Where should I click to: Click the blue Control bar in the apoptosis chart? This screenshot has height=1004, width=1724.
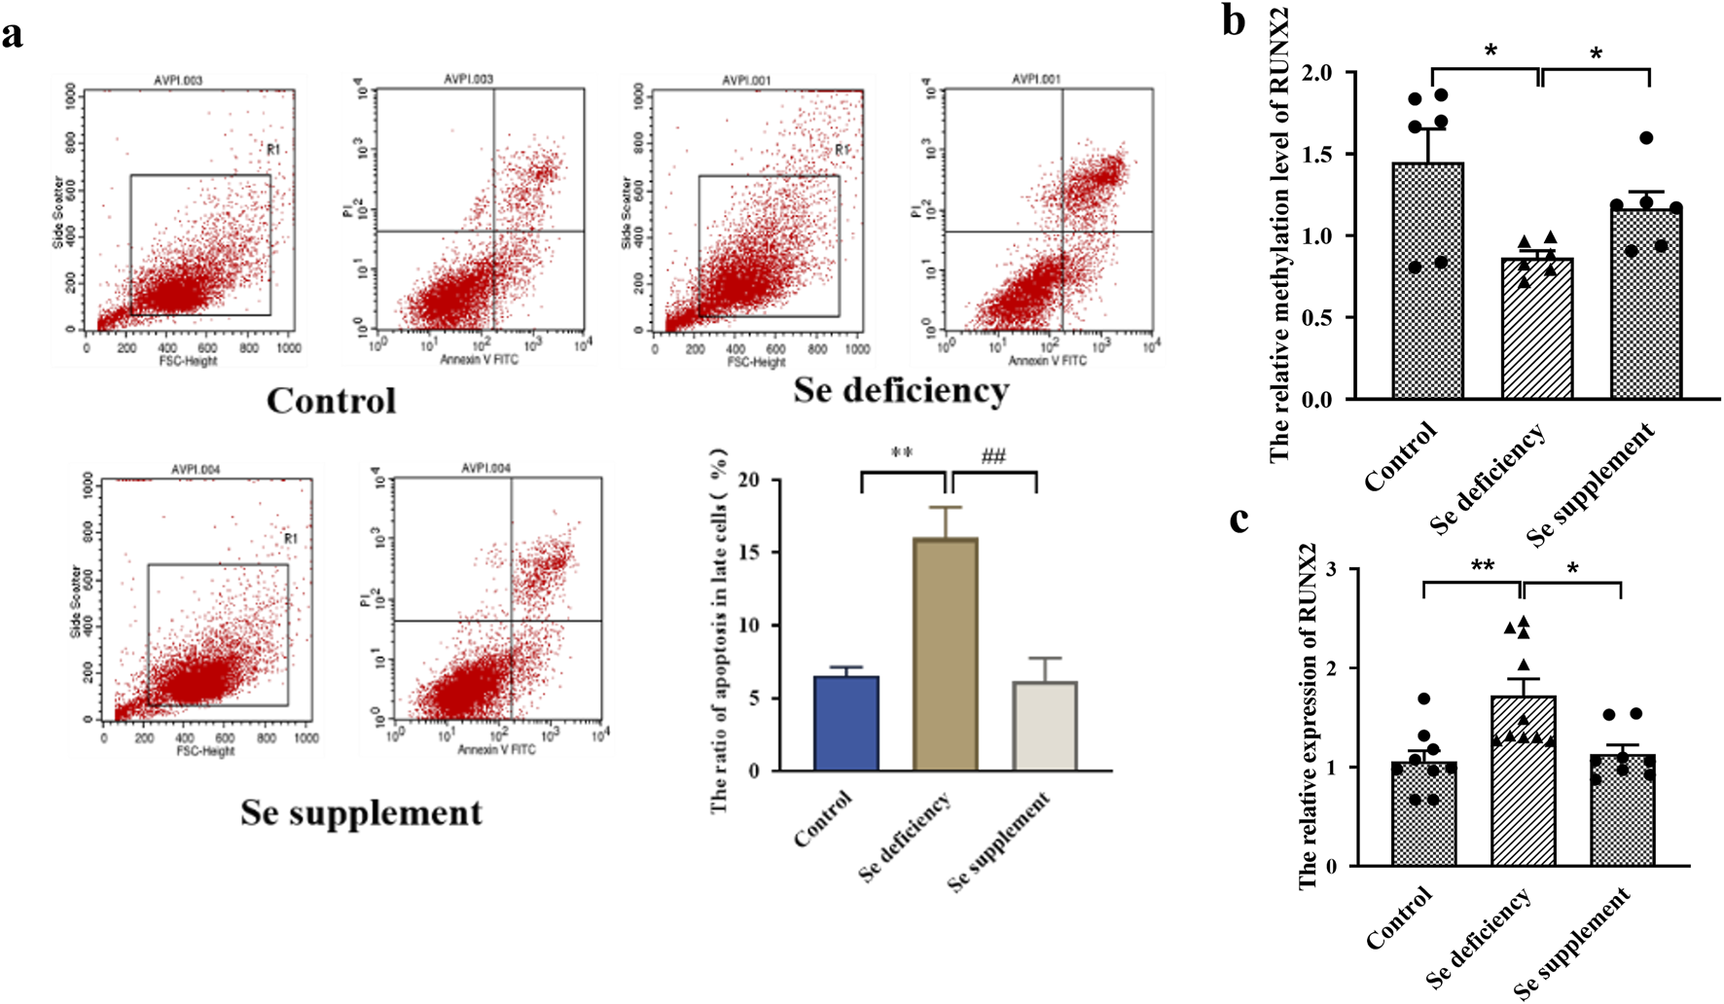[845, 724]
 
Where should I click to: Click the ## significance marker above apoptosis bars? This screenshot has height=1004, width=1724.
[993, 456]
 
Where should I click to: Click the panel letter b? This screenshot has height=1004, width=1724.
[1234, 21]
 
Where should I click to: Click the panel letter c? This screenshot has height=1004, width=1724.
[1239, 520]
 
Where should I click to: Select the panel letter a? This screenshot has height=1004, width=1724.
[13, 35]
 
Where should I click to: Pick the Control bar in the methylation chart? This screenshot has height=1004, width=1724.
[1427, 281]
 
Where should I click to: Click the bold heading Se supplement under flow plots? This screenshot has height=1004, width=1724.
[361, 813]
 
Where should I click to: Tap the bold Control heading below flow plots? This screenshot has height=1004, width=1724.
[331, 401]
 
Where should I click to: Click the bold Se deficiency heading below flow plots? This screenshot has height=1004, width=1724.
[901, 391]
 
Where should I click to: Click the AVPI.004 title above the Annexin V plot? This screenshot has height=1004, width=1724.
[485, 468]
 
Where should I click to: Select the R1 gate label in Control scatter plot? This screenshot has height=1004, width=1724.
[273, 149]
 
